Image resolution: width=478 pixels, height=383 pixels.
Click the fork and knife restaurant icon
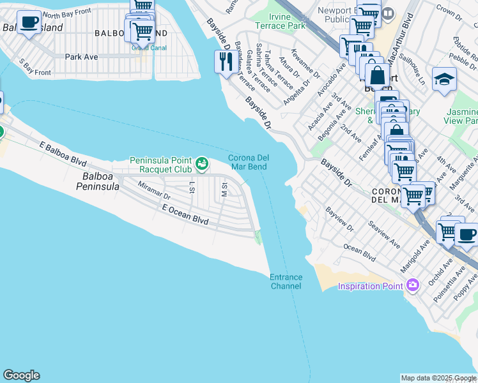[x=225, y=62]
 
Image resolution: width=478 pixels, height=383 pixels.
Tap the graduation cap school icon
[x=444, y=79]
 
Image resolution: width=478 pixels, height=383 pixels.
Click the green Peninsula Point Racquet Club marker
[x=202, y=165]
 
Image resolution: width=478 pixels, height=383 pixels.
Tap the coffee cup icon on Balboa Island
[x=27, y=22]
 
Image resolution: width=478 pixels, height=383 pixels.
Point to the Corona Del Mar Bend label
[x=247, y=162]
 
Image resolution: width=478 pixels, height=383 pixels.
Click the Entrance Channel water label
[x=286, y=282]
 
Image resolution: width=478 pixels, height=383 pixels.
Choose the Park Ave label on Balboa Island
[x=81, y=57]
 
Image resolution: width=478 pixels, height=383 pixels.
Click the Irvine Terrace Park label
[x=280, y=20]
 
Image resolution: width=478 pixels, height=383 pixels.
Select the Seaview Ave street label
[x=384, y=235]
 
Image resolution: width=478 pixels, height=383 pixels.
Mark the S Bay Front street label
[x=35, y=68]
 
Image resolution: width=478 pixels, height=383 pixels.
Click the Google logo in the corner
[x=21, y=375]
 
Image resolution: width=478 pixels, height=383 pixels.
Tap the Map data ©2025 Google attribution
[x=438, y=378]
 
